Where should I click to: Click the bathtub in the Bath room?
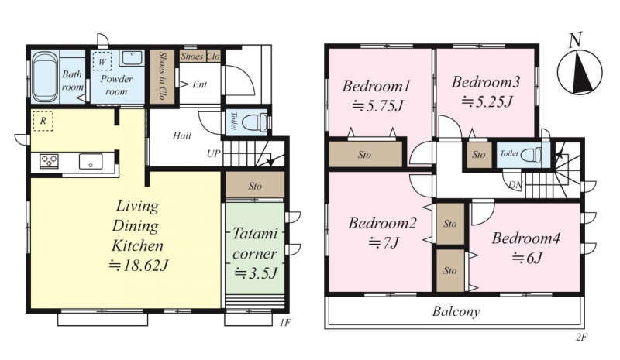point(46,77)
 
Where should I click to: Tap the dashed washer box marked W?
point(102,61)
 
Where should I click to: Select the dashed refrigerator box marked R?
point(43,121)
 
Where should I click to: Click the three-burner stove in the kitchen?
point(49,161)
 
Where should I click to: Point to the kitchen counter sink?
point(91,161)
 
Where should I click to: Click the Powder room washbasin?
point(131,58)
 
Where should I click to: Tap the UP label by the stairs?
point(214,153)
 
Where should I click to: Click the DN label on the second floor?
point(515,184)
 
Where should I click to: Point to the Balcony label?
point(456,311)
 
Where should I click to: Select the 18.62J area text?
point(139,266)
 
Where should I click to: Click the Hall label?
point(182,136)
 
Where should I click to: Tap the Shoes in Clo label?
point(162,75)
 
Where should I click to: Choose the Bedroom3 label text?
point(486,82)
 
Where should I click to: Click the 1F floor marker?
point(285,323)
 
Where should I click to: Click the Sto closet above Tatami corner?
point(255,185)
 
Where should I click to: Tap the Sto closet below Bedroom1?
point(365,154)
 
